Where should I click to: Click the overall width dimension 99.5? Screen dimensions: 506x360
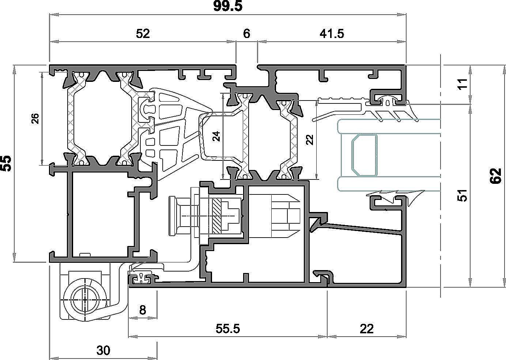(x=228, y=6)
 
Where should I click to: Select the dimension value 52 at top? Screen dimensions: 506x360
(x=143, y=34)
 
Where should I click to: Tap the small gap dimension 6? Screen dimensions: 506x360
(x=247, y=34)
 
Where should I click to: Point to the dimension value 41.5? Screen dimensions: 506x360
(x=332, y=34)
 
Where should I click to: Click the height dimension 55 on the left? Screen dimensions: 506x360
(x=6, y=163)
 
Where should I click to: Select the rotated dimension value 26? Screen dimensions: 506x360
(x=35, y=118)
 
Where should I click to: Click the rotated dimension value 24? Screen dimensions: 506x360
(x=217, y=136)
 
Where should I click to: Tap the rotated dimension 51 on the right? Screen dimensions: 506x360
(x=462, y=196)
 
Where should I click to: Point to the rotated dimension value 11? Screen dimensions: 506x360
(x=463, y=84)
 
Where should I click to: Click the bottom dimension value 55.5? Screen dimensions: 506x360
(x=227, y=329)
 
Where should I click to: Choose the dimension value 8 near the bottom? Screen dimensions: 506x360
(x=143, y=310)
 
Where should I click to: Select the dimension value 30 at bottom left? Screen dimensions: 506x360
(x=103, y=350)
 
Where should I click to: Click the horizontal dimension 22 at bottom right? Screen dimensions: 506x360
(x=367, y=329)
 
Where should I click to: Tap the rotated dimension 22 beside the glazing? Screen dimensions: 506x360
(x=310, y=140)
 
